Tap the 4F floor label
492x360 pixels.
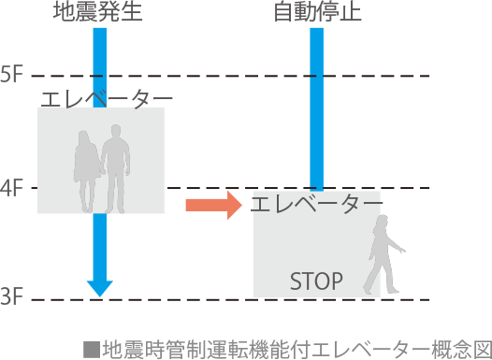(x=12, y=188)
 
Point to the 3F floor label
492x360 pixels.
(x=12, y=298)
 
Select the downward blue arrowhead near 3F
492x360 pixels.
(x=99, y=286)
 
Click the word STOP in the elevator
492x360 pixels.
(x=316, y=280)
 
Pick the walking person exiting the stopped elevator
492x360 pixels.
(x=383, y=254)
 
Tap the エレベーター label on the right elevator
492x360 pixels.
(x=317, y=204)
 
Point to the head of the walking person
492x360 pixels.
(x=383, y=222)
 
